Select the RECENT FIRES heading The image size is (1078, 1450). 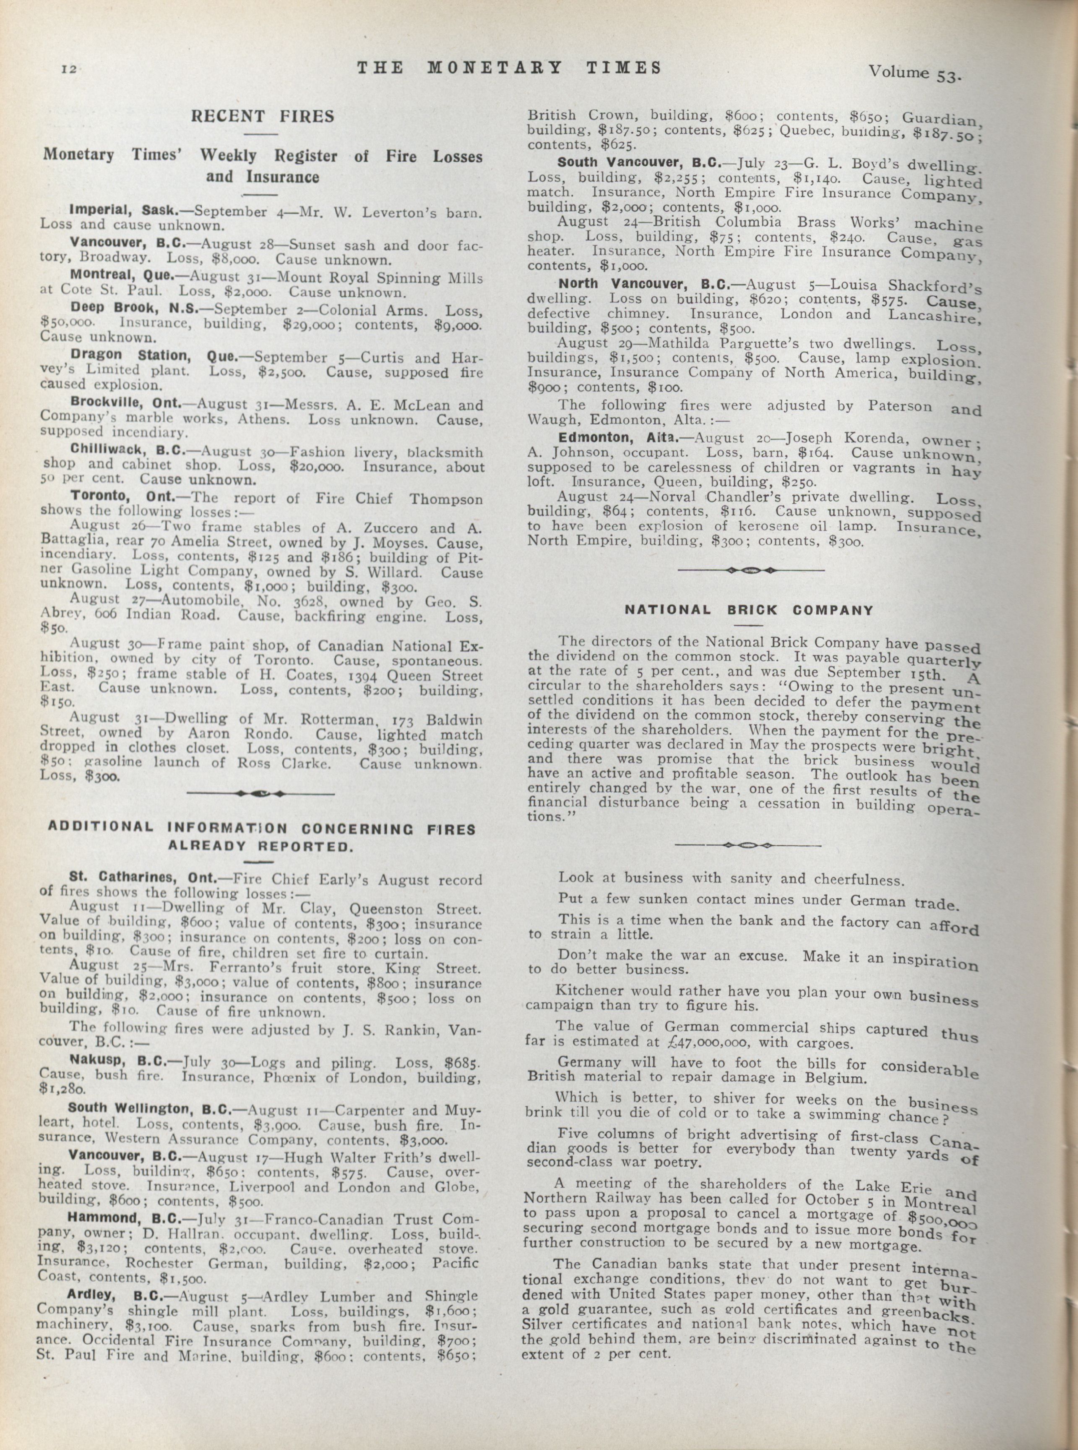(262, 117)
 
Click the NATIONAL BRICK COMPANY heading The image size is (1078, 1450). (749, 610)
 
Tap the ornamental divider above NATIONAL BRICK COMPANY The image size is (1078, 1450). (750, 570)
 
